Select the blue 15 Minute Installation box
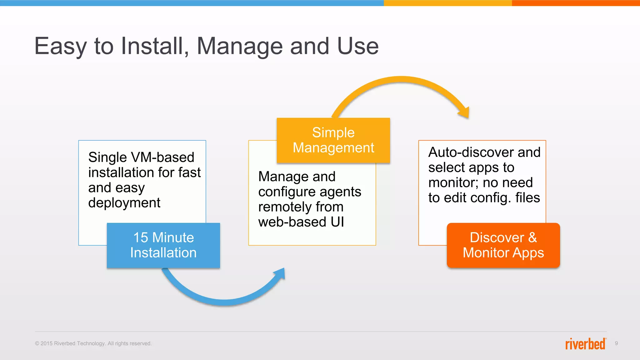(x=163, y=245)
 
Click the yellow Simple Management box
(x=333, y=140)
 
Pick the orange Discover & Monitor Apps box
(x=503, y=245)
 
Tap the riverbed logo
(x=585, y=343)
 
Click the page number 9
(x=616, y=343)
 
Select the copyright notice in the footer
(x=93, y=343)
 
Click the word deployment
(x=124, y=203)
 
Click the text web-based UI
(x=301, y=222)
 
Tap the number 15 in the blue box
(x=141, y=237)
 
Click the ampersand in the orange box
(x=532, y=237)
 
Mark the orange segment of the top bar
(x=576, y=3)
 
